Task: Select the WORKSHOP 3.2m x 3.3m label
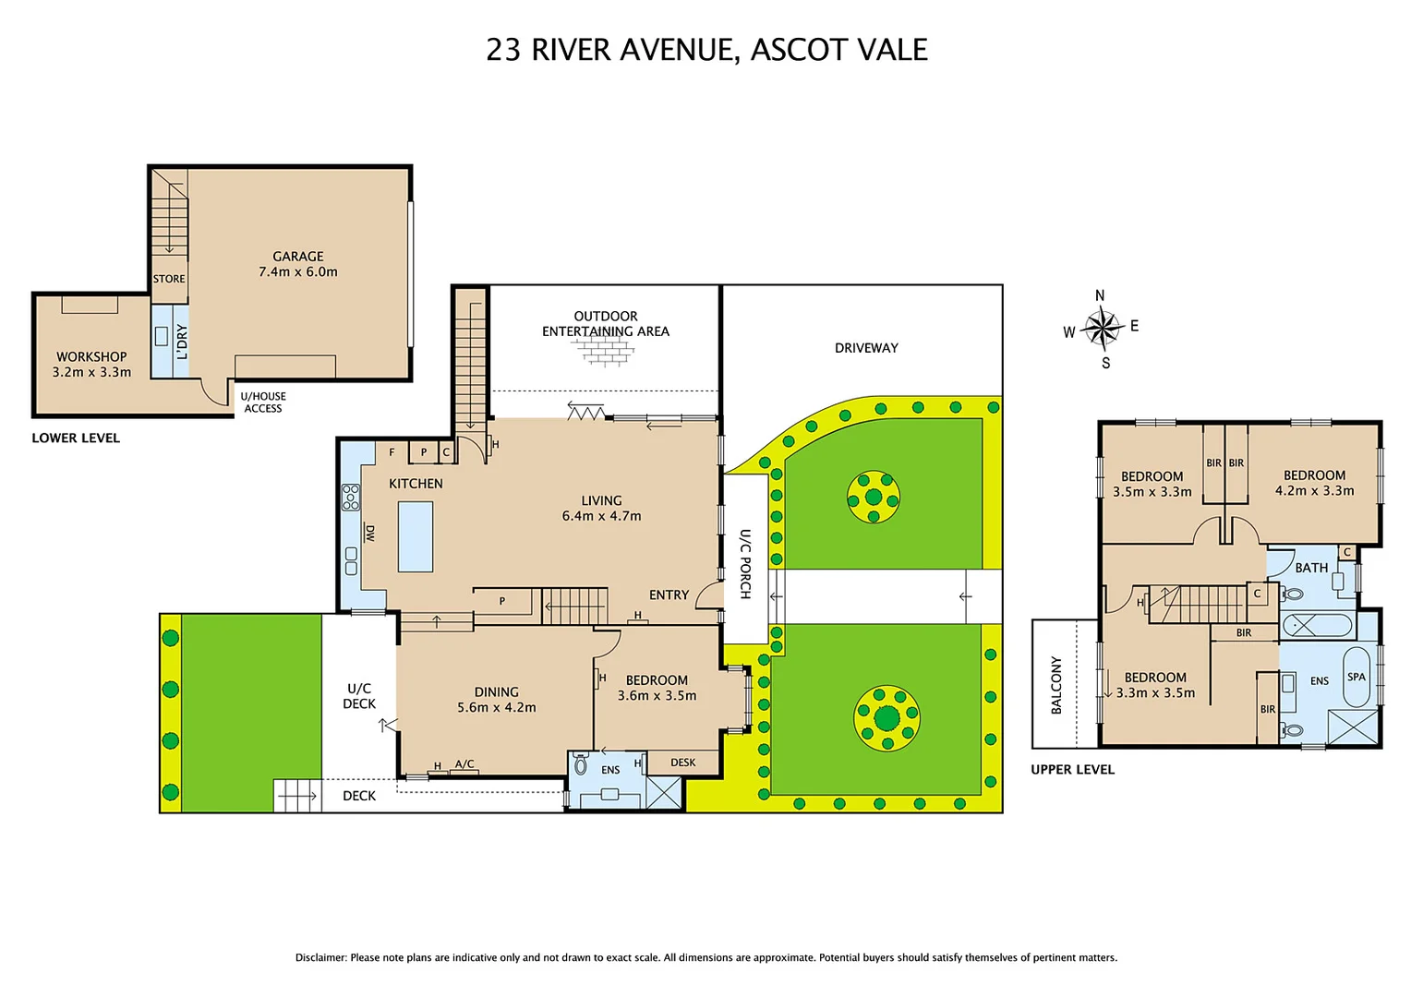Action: (91, 365)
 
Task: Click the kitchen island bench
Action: (416, 536)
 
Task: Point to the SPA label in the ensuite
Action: (1356, 677)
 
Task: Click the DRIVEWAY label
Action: (865, 348)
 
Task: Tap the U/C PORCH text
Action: (745, 564)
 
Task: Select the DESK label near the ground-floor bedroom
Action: (682, 763)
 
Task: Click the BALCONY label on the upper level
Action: (1056, 685)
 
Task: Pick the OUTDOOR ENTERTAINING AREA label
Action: (605, 324)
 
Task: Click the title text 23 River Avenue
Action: (706, 50)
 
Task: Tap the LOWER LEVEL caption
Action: (76, 438)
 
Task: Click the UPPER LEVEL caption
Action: (1072, 769)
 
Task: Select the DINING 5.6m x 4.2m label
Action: (496, 700)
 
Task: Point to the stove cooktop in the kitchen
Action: (351, 498)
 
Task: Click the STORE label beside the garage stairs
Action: (169, 279)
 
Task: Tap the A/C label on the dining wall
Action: (464, 764)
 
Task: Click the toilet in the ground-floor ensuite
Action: (581, 764)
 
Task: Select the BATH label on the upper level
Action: (1310, 568)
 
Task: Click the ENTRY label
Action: (669, 595)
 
